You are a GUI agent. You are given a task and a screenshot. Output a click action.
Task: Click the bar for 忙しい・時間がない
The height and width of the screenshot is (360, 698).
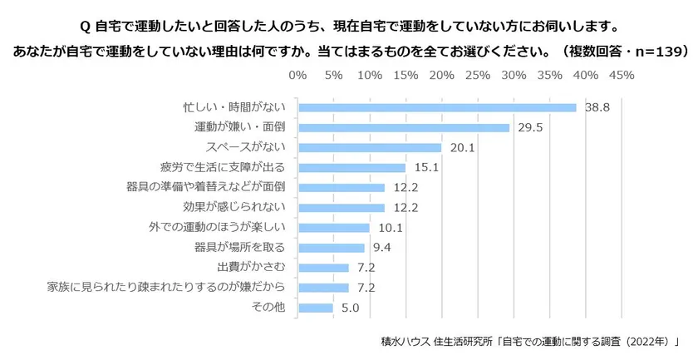click(436, 107)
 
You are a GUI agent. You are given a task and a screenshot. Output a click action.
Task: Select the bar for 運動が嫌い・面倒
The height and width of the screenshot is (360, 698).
click(403, 127)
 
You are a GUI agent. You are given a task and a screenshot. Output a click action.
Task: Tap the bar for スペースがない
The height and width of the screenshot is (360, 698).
click(369, 147)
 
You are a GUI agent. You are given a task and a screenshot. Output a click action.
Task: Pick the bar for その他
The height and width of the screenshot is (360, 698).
click(315, 308)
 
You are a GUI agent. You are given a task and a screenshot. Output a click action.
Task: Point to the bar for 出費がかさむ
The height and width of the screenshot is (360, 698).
click(323, 268)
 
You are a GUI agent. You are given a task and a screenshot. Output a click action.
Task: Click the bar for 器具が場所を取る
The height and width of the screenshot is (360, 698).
click(331, 248)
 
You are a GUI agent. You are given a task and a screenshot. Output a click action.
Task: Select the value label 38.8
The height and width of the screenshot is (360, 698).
click(597, 107)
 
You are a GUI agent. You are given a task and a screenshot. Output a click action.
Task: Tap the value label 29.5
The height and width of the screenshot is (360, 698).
click(530, 127)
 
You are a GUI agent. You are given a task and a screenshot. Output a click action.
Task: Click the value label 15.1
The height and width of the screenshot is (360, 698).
click(426, 167)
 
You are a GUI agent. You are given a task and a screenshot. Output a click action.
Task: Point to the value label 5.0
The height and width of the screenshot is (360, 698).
click(351, 308)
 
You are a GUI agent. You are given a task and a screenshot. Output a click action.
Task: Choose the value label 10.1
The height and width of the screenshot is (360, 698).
click(390, 227)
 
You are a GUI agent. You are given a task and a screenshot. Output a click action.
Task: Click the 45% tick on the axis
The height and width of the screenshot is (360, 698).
click(622, 76)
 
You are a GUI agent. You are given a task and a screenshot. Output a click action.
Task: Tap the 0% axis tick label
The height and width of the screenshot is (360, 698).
click(297, 76)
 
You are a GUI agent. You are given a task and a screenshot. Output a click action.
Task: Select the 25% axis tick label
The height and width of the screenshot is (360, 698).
click(478, 76)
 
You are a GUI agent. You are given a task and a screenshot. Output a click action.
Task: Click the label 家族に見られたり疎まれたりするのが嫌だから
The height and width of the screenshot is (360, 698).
click(168, 288)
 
